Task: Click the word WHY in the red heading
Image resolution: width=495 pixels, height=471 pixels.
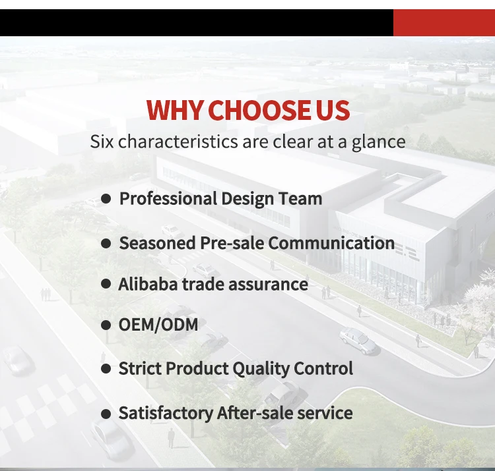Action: click(x=174, y=110)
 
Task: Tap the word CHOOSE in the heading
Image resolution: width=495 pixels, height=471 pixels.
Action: click(x=259, y=110)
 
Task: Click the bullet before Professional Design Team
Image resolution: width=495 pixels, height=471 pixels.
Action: click(x=106, y=199)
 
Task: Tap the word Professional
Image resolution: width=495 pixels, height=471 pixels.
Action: click(x=168, y=199)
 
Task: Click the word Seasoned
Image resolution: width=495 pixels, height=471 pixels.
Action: click(x=157, y=243)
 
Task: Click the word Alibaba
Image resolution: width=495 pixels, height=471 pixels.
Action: click(x=148, y=284)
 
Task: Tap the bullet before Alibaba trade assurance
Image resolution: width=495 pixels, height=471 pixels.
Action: click(x=106, y=284)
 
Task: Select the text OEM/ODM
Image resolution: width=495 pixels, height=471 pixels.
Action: click(x=158, y=325)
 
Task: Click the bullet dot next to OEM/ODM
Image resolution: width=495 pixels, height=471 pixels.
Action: click(x=106, y=325)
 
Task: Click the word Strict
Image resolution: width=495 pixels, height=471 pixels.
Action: click(x=140, y=368)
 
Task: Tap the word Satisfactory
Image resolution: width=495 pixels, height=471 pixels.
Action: click(x=166, y=414)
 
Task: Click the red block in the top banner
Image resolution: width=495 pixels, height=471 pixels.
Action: click(x=444, y=22)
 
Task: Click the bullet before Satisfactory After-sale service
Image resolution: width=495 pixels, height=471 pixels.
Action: click(x=106, y=414)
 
